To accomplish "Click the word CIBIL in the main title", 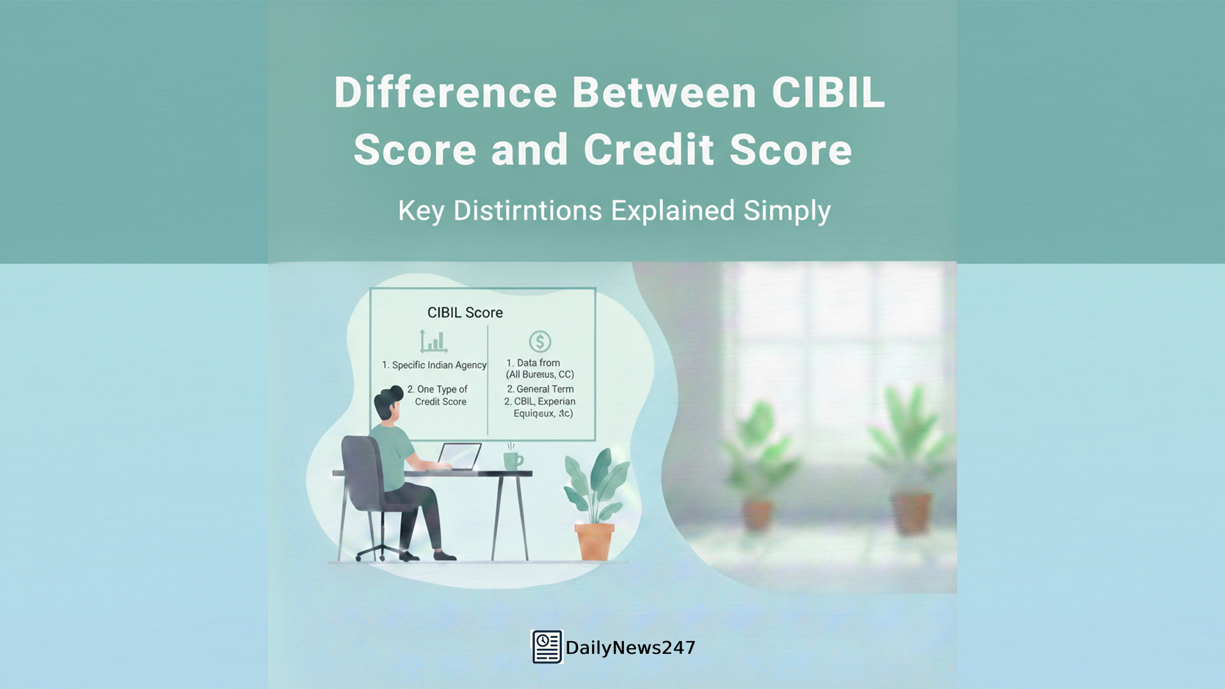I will pyautogui.click(x=828, y=93).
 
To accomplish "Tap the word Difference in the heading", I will pyautogui.click(x=445, y=93).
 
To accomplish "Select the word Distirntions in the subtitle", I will pyautogui.click(x=527, y=211).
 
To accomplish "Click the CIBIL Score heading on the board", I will pyautogui.click(x=464, y=313).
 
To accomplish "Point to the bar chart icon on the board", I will pyautogui.click(x=433, y=341).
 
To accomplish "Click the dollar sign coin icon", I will pyautogui.click(x=540, y=341).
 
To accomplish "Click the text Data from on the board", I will pyautogui.click(x=538, y=362).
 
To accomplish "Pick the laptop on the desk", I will pyautogui.click(x=459, y=456).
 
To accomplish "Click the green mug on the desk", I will pyautogui.click(x=512, y=460).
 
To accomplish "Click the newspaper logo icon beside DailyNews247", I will pyautogui.click(x=547, y=647).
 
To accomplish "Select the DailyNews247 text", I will pyautogui.click(x=630, y=648).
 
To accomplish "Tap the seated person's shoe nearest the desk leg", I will pyautogui.click(x=445, y=555).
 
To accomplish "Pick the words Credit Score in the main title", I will pyautogui.click(x=717, y=150).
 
